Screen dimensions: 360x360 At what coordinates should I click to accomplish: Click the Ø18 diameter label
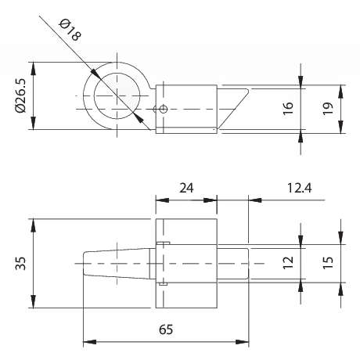[x=70, y=31]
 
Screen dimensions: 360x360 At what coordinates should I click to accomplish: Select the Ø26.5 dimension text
[x=21, y=95]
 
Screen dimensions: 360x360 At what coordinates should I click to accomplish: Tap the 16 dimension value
[x=288, y=108]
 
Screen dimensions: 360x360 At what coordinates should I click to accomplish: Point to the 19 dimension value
[x=328, y=108]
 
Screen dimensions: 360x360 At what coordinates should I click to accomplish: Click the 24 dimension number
[x=186, y=188]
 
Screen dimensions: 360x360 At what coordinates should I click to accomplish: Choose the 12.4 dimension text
[x=299, y=188]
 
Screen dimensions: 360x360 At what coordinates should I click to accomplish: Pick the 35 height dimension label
[x=21, y=264]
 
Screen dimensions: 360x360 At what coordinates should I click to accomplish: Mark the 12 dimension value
[x=288, y=263]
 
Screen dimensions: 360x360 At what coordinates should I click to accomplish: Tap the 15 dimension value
[x=328, y=263]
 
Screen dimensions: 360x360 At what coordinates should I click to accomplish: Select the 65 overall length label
[x=166, y=329]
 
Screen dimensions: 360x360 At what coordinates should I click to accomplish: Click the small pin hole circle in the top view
[x=164, y=109]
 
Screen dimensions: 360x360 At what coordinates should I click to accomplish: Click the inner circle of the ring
[x=117, y=96]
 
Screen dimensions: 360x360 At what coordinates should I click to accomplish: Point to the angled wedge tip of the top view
[x=247, y=90]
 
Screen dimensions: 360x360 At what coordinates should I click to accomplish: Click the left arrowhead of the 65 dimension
[x=89, y=342]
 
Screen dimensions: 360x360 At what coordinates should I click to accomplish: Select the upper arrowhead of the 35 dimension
[x=33, y=225]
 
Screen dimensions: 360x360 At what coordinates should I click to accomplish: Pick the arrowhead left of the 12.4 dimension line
[x=255, y=200]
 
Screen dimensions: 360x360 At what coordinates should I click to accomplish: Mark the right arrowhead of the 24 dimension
[x=211, y=200]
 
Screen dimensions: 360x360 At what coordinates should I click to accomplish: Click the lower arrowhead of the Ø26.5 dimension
[x=33, y=123]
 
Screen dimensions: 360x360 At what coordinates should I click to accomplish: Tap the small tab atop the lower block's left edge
[x=164, y=243]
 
